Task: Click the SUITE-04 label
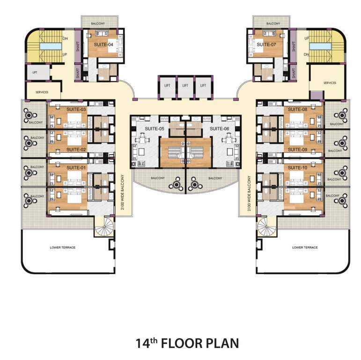pyautogui.click(x=104, y=45)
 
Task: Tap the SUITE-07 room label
pyautogui.click(x=266, y=44)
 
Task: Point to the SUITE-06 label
pyautogui.click(x=219, y=128)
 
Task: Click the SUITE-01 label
pyautogui.click(x=76, y=167)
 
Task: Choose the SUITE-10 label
pyautogui.click(x=297, y=167)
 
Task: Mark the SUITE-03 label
pyautogui.click(x=76, y=109)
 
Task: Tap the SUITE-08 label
pyautogui.click(x=297, y=109)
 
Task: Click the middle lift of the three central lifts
pyautogui.click(x=185, y=86)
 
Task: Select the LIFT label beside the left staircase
pyautogui.click(x=35, y=73)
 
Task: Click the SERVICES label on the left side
pyautogui.click(x=42, y=92)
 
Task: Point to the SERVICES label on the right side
pyautogui.click(x=330, y=83)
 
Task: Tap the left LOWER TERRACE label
pyautogui.click(x=63, y=247)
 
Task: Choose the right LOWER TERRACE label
pyautogui.click(x=305, y=247)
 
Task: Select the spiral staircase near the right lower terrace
pyautogui.click(x=265, y=228)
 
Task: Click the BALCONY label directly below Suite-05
pyautogui.click(x=157, y=178)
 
